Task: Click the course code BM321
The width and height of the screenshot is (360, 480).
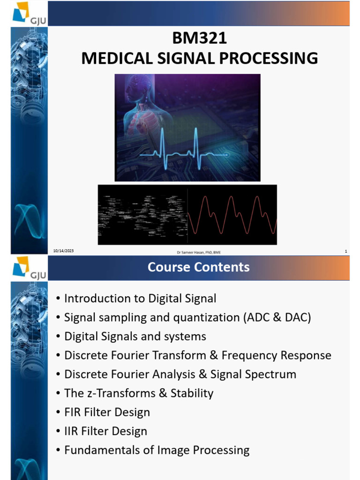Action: pyautogui.click(x=199, y=38)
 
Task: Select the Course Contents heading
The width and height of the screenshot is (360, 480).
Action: pyautogui.click(x=199, y=267)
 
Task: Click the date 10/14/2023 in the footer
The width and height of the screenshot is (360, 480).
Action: pyautogui.click(x=63, y=251)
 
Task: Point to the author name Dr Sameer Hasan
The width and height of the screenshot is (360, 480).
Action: pyautogui.click(x=198, y=252)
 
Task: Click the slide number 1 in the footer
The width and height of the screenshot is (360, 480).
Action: pyautogui.click(x=345, y=252)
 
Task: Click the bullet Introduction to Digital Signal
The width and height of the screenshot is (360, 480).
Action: pyautogui.click(x=140, y=299)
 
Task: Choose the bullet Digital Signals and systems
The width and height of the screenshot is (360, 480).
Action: pyautogui.click(x=135, y=337)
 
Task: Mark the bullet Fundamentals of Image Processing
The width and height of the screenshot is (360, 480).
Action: pyautogui.click(x=157, y=450)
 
